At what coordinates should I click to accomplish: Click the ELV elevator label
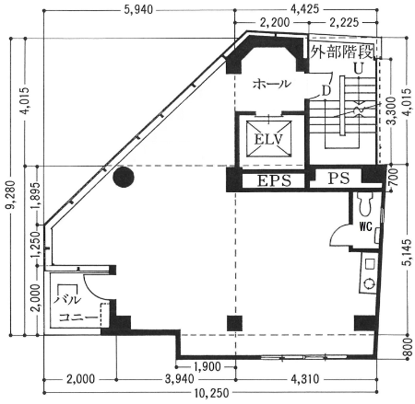click(x=268, y=140)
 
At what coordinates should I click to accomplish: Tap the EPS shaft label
click(x=274, y=180)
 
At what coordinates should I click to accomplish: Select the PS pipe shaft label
click(x=338, y=178)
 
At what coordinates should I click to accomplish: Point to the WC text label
click(x=365, y=227)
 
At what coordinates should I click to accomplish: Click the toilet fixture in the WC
click(x=365, y=204)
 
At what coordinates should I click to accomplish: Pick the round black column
click(x=124, y=177)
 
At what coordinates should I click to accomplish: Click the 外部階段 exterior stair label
click(x=341, y=52)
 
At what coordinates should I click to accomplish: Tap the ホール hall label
click(x=271, y=84)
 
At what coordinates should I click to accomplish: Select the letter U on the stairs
click(x=358, y=68)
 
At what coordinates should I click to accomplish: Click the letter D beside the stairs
click(x=326, y=91)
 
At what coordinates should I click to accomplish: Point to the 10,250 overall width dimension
click(x=211, y=393)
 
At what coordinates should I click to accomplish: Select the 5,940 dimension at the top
click(x=138, y=10)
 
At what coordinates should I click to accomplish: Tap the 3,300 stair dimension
click(x=391, y=111)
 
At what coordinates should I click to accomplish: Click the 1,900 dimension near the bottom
click(x=207, y=366)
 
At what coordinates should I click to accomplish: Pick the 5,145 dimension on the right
click(x=407, y=252)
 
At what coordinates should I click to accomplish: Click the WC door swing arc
click(x=335, y=234)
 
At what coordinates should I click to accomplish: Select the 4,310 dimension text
click(x=304, y=379)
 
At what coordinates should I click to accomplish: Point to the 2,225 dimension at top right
click(x=344, y=22)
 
